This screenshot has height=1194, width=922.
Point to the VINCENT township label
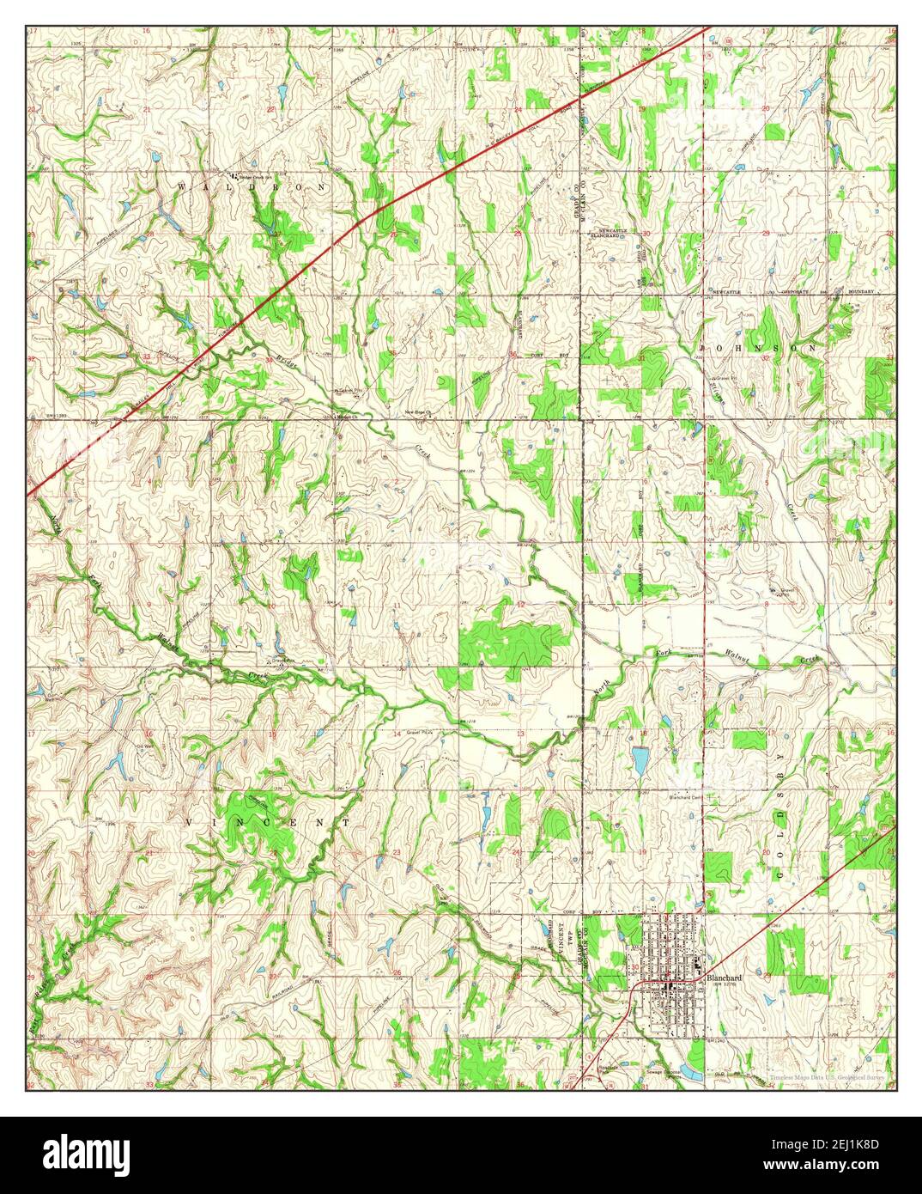pos(268,822)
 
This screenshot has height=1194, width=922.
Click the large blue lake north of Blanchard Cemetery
pos(640,759)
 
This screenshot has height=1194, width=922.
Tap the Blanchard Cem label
pos(688,796)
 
